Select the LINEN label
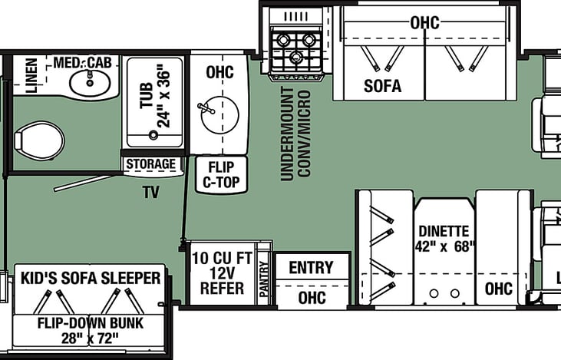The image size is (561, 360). click(31, 75)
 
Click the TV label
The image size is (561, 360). click(150, 192)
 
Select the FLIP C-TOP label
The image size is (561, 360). click(221, 174)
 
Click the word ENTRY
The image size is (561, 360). click(311, 268)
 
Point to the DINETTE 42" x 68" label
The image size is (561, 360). click(445, 238)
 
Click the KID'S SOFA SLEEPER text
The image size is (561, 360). click(91, 278)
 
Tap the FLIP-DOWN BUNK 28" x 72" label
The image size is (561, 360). click(91, 330)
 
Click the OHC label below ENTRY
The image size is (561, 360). click(311, 297)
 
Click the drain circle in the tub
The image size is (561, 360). click(153, 135)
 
